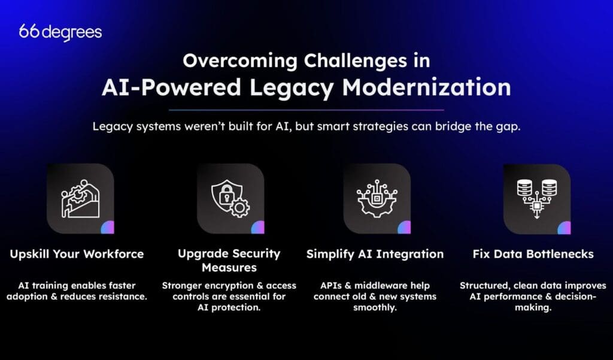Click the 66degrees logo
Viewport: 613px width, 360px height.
60,32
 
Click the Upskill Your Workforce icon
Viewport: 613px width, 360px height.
80,199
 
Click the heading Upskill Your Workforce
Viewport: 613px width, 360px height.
77,254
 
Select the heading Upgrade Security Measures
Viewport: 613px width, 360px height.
229,260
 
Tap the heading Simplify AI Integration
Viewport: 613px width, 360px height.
375,254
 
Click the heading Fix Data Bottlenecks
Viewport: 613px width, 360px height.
532,254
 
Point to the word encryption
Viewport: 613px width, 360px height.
227,285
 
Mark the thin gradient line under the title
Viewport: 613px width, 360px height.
306,110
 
